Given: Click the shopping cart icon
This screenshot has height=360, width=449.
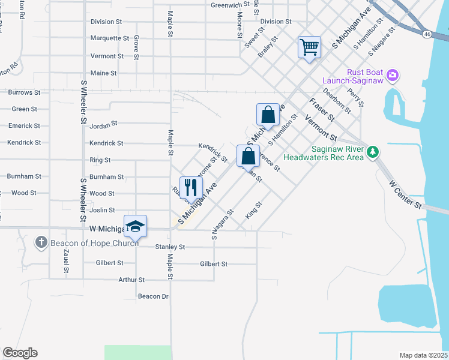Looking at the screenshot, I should click(x=309, y=47).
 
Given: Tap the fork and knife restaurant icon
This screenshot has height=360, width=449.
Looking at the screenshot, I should click(x=191, y=187).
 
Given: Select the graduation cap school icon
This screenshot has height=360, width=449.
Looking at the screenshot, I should click(x=136, y=226).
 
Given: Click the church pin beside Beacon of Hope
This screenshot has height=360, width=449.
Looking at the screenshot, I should click(x=41, y=242).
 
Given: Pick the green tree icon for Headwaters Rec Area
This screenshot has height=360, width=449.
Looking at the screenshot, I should click(x=373, y=152).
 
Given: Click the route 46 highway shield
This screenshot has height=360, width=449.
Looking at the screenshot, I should click(x=427, y=34).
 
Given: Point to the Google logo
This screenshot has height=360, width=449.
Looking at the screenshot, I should click(x=20, y=353).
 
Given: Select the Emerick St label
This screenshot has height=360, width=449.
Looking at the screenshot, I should click(x=24, y=126).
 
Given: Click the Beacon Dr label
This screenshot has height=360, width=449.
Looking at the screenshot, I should click(x=153, y=296).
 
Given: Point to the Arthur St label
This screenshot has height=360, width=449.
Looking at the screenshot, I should click(x=131, y=280).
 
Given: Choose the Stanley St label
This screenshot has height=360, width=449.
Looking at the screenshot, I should click(x=170, y=247).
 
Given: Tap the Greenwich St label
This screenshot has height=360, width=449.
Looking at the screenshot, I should click(x=230, y=5).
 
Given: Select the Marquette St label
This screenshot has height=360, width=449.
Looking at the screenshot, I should click(x=110, y=38).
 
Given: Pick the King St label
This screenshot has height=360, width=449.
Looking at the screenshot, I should click(x=254, y=212).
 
